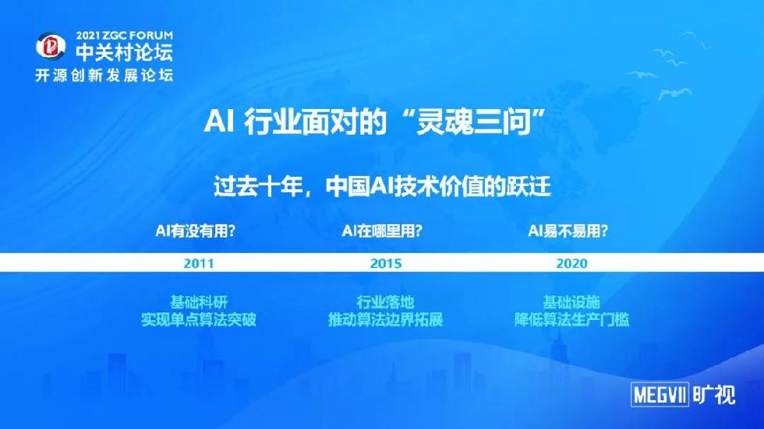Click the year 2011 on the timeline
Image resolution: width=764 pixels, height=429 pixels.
(x=199, y=264)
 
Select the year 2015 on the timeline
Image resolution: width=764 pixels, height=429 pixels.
(x=386, y=264)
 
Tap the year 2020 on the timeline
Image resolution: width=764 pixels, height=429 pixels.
(x=572, y=264)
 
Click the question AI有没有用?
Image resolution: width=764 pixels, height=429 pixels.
(x=196, y=230)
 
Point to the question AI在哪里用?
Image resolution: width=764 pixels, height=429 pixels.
(x=382, y=230)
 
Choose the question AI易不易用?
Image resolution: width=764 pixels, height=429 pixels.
(x=568, y=230)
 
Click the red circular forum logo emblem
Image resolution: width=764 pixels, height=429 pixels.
(x=51, y=47)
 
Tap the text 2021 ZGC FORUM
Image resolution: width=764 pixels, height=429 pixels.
(x=124, y=36)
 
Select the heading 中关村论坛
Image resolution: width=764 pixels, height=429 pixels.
(x=124, y=52)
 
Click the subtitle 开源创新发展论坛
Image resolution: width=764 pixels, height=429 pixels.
(x=104, y=76)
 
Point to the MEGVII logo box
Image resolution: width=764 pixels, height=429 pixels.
(x=660, y=394)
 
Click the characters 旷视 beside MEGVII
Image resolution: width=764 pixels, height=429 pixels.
(x=714, y=394)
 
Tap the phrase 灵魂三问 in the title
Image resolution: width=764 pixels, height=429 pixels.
(x=472, y=121)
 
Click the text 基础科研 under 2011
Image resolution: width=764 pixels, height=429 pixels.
(x=199, y=302)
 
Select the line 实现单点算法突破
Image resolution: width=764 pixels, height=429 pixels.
(x=199, y=319)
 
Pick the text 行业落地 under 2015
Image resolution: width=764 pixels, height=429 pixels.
(x=385, y=302)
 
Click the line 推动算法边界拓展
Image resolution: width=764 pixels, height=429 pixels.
(x=385, y=319)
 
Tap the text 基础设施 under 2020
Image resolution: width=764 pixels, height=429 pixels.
(x=571, y=302)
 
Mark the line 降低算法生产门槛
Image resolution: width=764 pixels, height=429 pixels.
(x=571, y=319)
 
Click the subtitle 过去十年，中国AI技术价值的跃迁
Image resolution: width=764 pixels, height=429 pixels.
(x=383, y=186)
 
